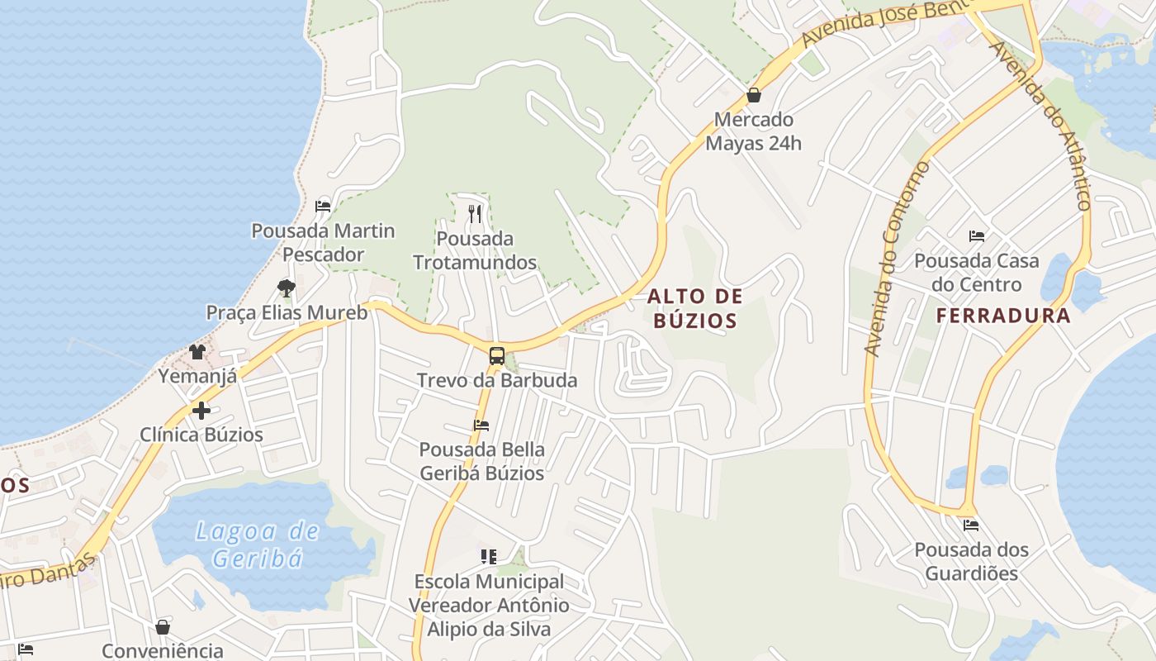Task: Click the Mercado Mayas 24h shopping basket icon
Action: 753,96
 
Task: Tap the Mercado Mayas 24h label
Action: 753,131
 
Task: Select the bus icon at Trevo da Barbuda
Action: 496,356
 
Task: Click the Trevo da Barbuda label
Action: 496,381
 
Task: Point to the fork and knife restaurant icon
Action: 475,214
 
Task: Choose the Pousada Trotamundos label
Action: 475,250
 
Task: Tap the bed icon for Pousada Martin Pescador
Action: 323,206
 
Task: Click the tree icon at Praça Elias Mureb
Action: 286,288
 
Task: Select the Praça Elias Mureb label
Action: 287,312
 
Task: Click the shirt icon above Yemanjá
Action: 197,352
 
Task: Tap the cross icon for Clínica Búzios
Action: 201,410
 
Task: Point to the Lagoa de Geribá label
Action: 257,544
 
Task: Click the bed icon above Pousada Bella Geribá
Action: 481,426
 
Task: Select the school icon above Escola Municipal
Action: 489,557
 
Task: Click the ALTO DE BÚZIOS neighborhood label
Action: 694,307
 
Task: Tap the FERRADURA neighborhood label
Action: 1003,315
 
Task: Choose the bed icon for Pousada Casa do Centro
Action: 977,236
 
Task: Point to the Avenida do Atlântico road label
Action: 1042,124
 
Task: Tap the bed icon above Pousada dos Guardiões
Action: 971,525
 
